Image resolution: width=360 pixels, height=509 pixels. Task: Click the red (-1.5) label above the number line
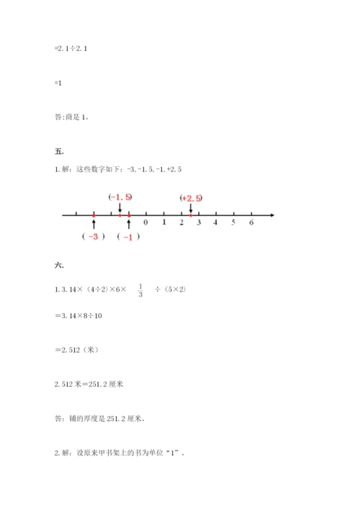pos(120,197)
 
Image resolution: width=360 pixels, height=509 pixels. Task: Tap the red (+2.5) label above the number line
pos(191,198)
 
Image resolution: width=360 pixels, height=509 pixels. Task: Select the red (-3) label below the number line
pos(94,237)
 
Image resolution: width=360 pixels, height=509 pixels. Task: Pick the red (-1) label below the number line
pos(128,237)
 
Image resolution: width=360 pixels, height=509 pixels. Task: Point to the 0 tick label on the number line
pos(146,223)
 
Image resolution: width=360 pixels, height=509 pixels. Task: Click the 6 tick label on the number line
pos(251,223)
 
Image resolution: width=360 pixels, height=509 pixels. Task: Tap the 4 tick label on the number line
pos(216,223)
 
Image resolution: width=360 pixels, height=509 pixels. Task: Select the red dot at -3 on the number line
pos(94,215)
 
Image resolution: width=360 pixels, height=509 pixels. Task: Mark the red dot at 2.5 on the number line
pos(190,215)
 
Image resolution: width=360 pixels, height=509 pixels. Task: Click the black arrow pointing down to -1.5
pos(120,207)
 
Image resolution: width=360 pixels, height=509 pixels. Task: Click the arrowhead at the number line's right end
pos(272,215)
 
